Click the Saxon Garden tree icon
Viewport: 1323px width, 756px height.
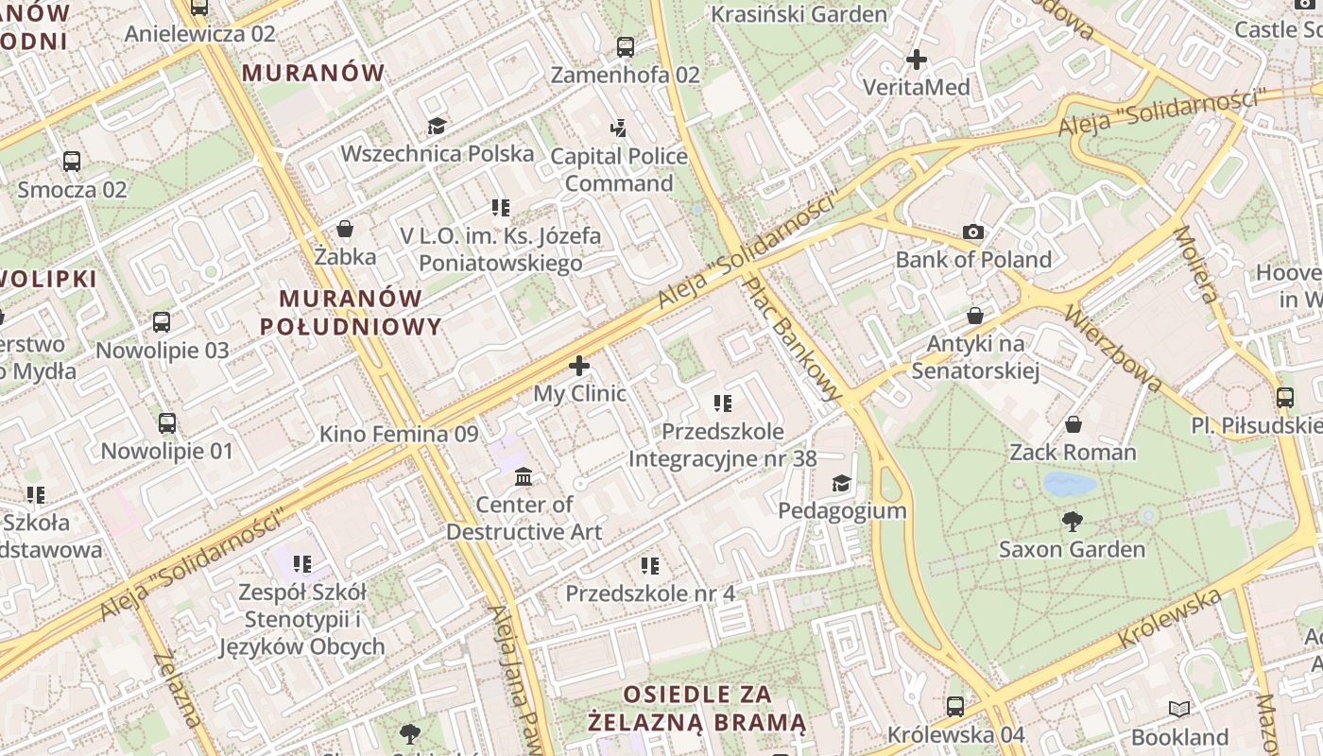coord(1072,521)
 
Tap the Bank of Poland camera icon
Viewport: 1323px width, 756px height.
coord(972,232)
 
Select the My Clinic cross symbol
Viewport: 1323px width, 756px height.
coord(579,366)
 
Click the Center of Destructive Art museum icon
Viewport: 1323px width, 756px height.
coord(524,476)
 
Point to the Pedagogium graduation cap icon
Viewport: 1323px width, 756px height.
coord(840,484)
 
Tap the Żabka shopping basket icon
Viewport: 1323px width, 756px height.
coord(345,229)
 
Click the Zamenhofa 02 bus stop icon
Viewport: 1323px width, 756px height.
coord(625,46)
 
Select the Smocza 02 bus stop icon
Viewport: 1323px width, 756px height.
coord(72,161)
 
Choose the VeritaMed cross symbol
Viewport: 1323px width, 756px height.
coord(916,60)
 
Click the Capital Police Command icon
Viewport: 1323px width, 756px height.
coord(618,128)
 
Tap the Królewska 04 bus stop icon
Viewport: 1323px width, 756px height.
coord(955,706)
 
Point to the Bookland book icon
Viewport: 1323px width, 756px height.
coord(1178,709)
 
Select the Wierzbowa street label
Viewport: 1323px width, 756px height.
coord(1113,347)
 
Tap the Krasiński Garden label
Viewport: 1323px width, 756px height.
coord(799,14)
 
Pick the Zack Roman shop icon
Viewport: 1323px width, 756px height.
coord(1073,424)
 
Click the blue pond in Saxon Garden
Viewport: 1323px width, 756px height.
coord(1070,485)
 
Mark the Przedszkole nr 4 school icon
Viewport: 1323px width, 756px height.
coord(650,565)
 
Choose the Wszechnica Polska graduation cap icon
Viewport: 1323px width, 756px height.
coord(436,126)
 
